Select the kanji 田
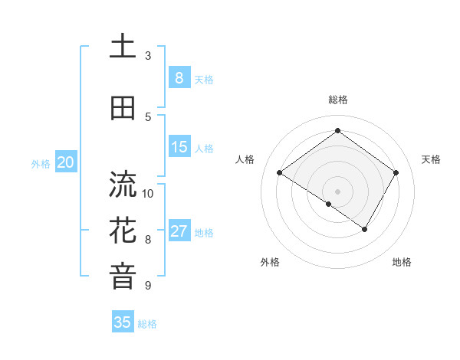pyautogui.click(x=123, y=108)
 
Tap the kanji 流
pyautogui.click(x=123, y=185)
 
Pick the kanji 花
pyautogui.click(x=123, y=230)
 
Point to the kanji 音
pyautogui.click(x=123, y=276)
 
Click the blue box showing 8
pyautogui.click(x=179, y=77)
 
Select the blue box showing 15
pyautogui.click(x=179, y=147)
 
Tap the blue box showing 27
pyautogui.click(x=179, y=231)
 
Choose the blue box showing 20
pyautogui.click(x=66, y=162)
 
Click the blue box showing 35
pyautogui.click(x=123, y=322)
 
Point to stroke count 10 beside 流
pyautogui.click(x=149, y=193)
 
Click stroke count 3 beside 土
pyautogui.click(x=148, y=56)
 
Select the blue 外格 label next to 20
pyautogui.click(x=40, y=163)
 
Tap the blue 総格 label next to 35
pyautogui.click(x=147, y=324)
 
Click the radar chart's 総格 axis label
pyautogui.click(x=337, y=100)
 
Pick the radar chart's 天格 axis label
pyautogui.click(x=431, y=159)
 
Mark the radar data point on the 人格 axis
pyautogui.click(x=280, y=173)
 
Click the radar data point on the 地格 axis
pyautogui.click(x=365, y=229)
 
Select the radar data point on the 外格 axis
pyautogui.click(x=329, y=204)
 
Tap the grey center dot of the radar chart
pyautogui.click(x=337, y=191)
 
